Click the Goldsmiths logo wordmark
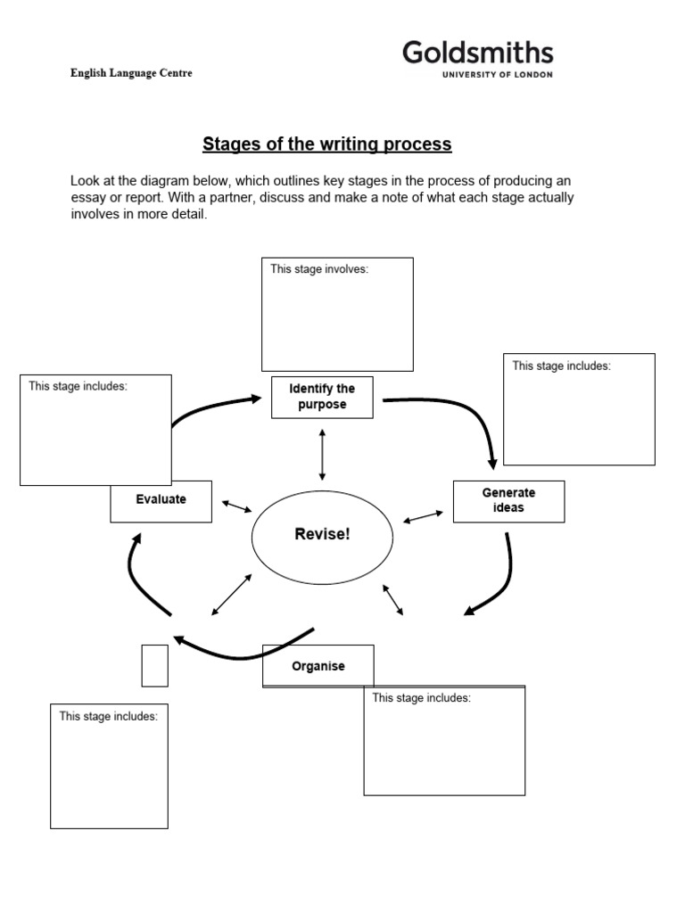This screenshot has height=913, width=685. [x=477, y=53]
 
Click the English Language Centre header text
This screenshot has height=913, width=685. [x=131, y=73]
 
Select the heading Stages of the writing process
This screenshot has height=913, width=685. [x=327, y=144]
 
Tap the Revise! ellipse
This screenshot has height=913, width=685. [x=322, y=535]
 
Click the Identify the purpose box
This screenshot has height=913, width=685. [x=322, y=397]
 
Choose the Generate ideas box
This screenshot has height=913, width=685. [x=508, y=501]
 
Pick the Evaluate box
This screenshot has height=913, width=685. [x=161, y=500]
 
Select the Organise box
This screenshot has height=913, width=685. [x=318, y=666]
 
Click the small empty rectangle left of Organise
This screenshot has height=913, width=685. [x=154, y=665]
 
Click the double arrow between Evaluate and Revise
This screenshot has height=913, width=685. [x=236, y=506]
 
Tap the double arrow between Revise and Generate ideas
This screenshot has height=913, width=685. [x=424, y=516]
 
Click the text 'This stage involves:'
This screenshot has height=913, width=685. [x=318, y=269]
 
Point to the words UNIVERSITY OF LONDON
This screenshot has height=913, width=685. [x=497, y=75]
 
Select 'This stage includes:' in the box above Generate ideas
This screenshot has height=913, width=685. [x=561, y=366]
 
